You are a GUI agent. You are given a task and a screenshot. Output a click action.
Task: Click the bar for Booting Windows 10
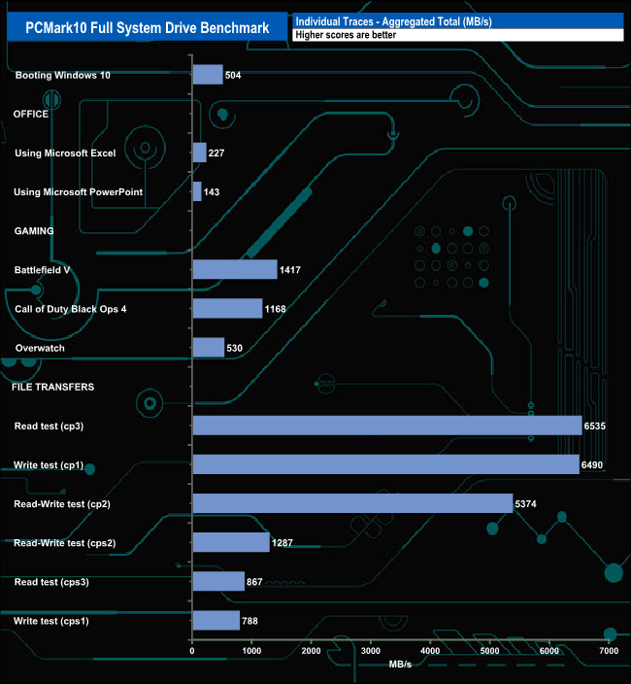click(208, 75)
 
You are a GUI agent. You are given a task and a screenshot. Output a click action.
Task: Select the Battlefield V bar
click(235, 269)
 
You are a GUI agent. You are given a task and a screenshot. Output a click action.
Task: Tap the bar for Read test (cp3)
click(386, 425)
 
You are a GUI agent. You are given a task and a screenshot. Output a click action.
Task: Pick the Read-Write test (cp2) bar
click(352, 502)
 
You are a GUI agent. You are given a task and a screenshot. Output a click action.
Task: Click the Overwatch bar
click(209, 347)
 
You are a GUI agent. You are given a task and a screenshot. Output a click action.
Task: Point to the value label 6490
click(595, 464)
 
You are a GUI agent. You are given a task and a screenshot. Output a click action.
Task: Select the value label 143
click(212, 192)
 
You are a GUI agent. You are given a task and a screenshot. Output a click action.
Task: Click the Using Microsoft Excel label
click(65, 153)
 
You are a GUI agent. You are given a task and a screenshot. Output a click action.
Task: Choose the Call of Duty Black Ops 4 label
click(71, 308)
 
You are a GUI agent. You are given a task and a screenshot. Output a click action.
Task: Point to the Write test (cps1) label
click(51, 620)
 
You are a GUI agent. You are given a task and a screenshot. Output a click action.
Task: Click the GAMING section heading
click(33, 230)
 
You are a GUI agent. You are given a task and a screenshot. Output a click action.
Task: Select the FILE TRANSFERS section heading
click(52, 386)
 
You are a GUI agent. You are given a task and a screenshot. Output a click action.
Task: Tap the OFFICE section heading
click(31, 114)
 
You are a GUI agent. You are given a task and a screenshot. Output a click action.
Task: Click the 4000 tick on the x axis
click(430, 650)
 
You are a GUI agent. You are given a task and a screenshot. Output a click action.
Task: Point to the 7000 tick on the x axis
click(609, 650)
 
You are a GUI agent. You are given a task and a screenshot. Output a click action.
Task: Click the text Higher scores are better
click(345, 35)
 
